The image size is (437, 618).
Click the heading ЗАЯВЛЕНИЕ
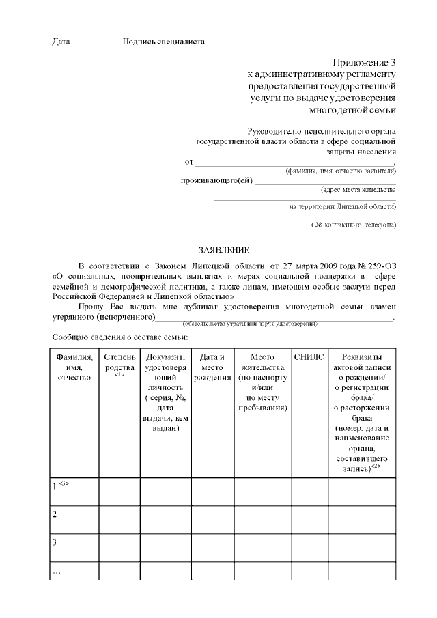pyautogui.click(x=219, y=250)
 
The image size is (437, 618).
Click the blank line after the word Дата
pyautogui.click(x=96, y=44)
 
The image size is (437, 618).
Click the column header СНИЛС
pyautogui.click(x=310, y=357)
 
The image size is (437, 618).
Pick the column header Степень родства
pyautogui.click(x=119, y=363)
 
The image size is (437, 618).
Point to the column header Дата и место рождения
pyautogui.click(x=212, y=363)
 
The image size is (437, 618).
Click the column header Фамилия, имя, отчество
pyautogui.click(x=74, y=367)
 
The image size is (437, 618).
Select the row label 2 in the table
pyautogui.click(x=55, y=514)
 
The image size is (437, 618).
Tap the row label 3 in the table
pyautogui.click(x=55, y=542)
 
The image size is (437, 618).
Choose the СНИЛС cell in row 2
pyautogui.click(x=310, y=519)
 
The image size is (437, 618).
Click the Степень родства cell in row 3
pyautogui.click(x=119, y=547)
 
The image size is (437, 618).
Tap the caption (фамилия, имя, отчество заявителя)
pyautogui.click(x=341, y=171)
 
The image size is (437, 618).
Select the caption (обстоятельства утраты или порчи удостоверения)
pyautogui.click(x=250, y=324)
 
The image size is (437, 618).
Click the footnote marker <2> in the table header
pyautogui.click(x=376, y=467)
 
